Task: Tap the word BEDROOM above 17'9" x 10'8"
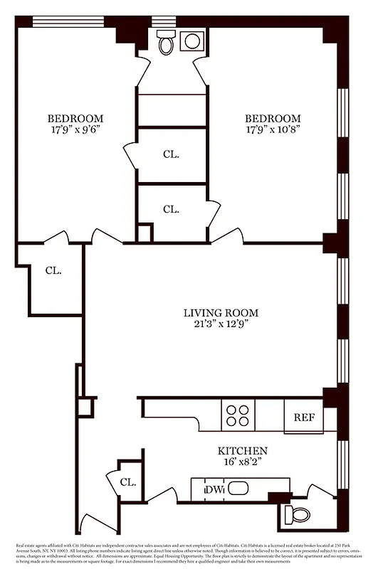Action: tap(273, 118)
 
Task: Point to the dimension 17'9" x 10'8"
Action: tap(273, 130)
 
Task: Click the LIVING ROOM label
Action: tap(221, 312)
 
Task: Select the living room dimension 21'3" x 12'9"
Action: tap(221, 324)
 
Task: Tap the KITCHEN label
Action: tap(243, 451)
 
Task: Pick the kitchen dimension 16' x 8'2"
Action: tap(243, 463)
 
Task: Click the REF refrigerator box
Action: tap(304, 417)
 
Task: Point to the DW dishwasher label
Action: tap(214, 489)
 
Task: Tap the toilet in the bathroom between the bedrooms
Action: tap(166, 43)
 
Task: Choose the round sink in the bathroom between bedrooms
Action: tap(192, 41)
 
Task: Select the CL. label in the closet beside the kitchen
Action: tap(128, 482)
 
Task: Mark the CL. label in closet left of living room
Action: tap(53, 270)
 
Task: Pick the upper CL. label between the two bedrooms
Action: tap(171, 154)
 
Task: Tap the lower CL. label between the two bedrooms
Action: tap(171, 209)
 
